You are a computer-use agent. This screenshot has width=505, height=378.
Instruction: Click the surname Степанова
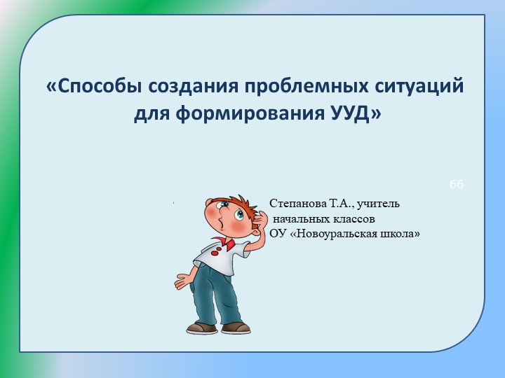(297, 204)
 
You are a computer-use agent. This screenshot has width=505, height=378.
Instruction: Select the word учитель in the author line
(379, 204)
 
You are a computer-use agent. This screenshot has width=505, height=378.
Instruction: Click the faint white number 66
(456, 184)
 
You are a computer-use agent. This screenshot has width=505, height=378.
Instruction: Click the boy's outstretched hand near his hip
(182, 281)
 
